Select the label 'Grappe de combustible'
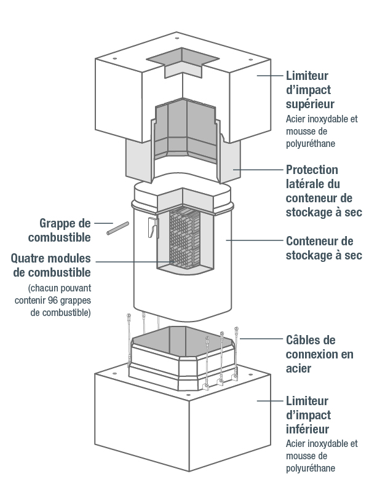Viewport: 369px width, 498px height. pos(65,229)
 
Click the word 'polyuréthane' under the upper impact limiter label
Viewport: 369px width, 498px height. pos(311,143)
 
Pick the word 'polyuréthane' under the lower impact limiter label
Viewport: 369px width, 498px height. pos(311,468)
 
